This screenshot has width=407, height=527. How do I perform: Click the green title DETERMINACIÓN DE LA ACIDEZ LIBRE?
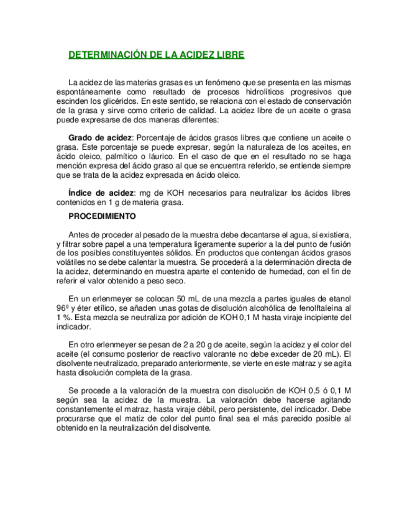[156, 55]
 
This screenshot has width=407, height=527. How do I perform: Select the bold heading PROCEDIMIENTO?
[102, 218]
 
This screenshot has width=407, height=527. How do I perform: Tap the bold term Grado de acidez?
[99, 137]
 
